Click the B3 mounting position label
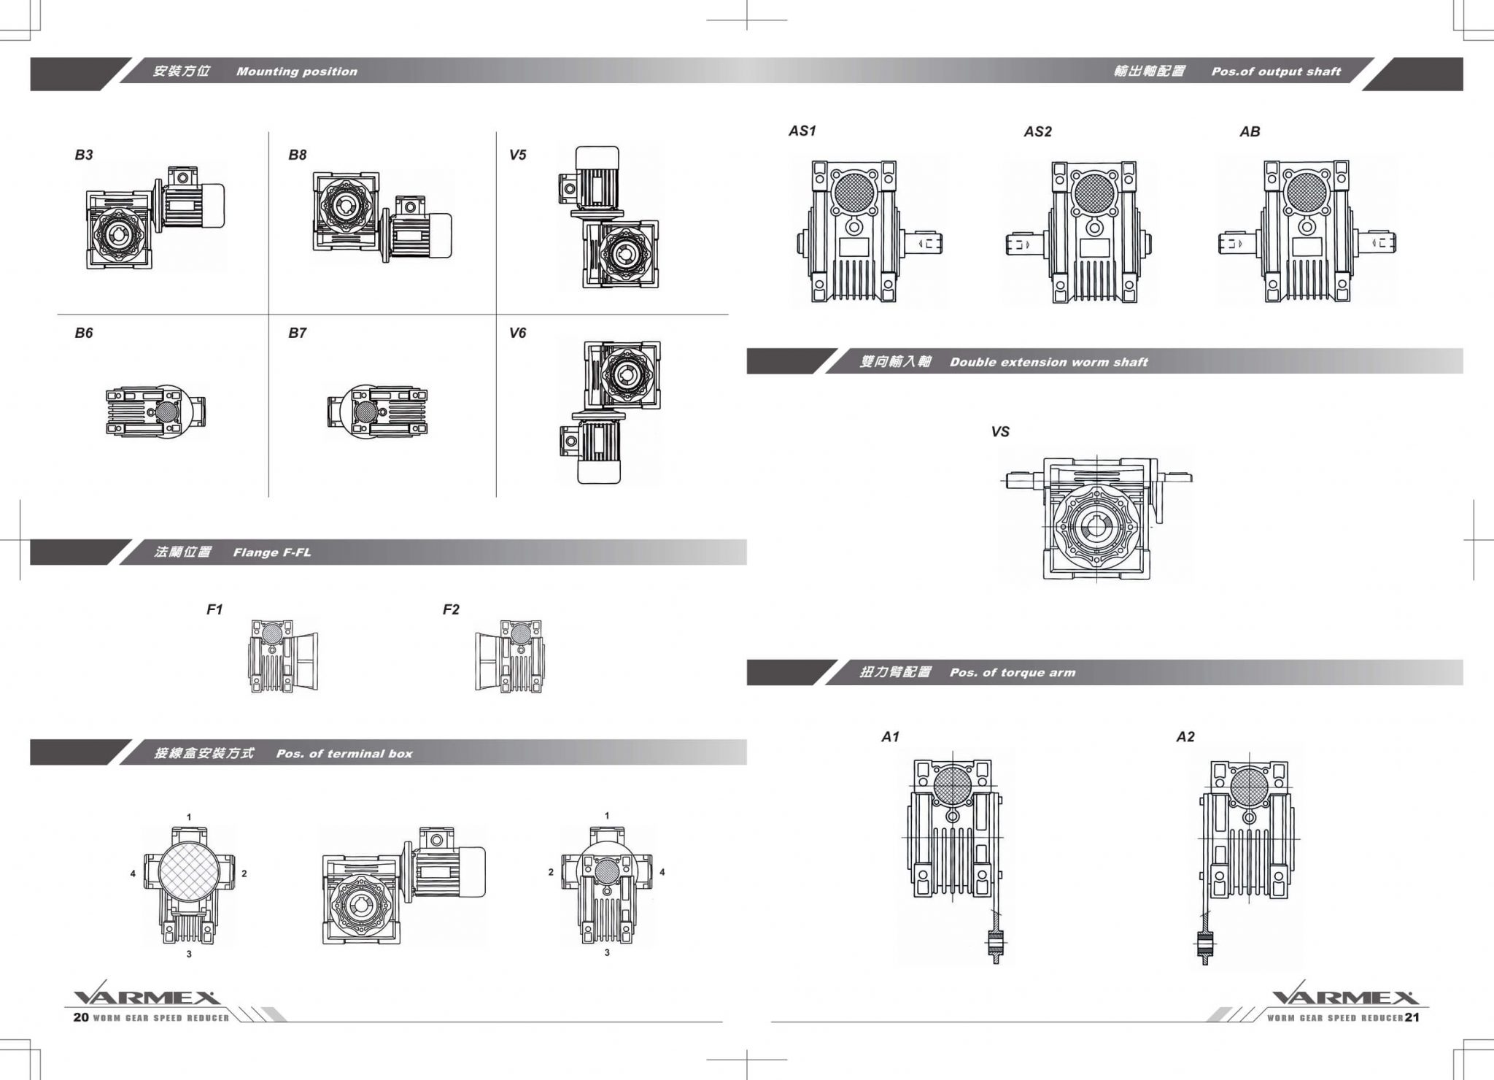pyautogui.click(x=84, y=155)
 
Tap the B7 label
pyautogui.click(x=297, y=333)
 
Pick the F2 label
pyautogui.click(x=451, y=609)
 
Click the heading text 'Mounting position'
pyautogui.click(x=296, y=72)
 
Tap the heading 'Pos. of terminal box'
pyautogui.click(x=344, y=754)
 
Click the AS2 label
pyautogui.click(x=1037, y=131)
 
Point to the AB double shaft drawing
pyautogui.click(x=1307, y=231)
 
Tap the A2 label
pyautogui.click(x=1185, y=737)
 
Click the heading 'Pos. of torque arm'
pyautogui.click(x=1012, y=673)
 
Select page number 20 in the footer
pyautogui.click(x=80, y=1017)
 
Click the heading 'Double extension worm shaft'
pyautogui.click(x=1048, y=362)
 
